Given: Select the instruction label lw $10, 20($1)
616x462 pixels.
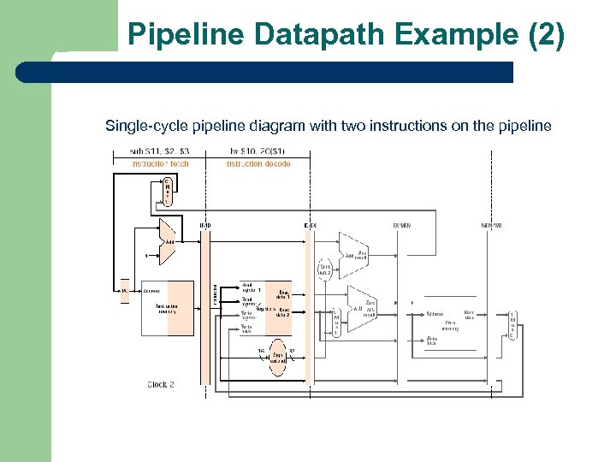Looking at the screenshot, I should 258,153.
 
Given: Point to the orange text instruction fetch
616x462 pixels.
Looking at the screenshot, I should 160,163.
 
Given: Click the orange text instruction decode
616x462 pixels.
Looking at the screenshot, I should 258,163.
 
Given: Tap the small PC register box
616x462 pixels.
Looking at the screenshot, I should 125,291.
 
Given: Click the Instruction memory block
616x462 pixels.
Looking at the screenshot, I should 167,307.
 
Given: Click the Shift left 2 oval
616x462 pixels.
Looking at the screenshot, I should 326,269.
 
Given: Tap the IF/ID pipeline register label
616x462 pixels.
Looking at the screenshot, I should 205,226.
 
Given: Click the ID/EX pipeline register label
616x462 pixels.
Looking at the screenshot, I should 310,226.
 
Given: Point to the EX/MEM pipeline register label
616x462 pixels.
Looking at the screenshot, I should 401,226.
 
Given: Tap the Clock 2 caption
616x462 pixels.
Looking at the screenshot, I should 160,385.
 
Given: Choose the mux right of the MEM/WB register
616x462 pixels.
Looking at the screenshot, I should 512,325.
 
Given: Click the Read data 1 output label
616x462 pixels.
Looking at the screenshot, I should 282,294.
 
